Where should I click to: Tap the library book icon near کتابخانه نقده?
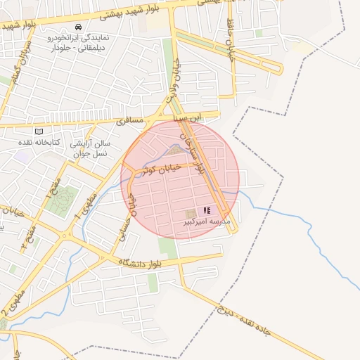(x=39, y=131)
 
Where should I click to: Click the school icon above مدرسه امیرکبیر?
(x=207, y=210)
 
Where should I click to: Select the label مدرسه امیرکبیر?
(x=206, y=221)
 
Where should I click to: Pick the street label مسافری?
(x=129, y=121)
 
